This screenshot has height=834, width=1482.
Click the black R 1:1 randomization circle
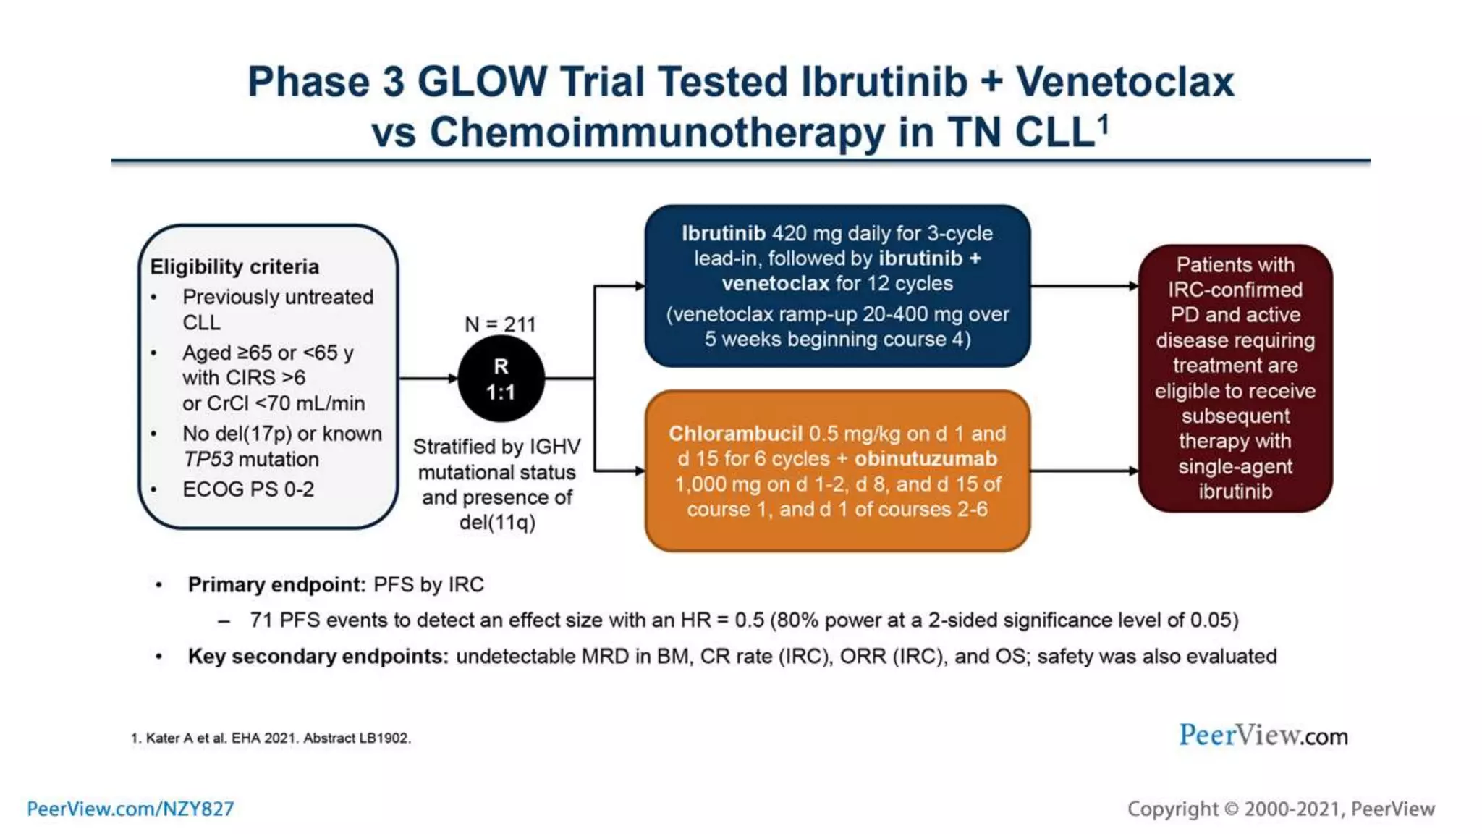[501, 379]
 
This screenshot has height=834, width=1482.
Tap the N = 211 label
[500, 324]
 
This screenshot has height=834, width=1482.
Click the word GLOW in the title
[482, 81]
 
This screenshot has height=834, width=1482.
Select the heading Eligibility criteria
[234, 266]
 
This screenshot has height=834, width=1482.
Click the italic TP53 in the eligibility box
[208, 459]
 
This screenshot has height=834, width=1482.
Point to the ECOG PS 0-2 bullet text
[247, 489]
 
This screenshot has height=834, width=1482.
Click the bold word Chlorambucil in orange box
[734, 434]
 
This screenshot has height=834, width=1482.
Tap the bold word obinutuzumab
[926, 458]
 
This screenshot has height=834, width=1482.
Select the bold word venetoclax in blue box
[775, 283]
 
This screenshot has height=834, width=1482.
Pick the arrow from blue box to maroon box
[1084, 286]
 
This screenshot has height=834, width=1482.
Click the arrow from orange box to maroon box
[1084, 471]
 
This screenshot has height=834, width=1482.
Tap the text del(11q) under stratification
[497, 522]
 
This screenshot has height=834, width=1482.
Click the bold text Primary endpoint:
[276, 584]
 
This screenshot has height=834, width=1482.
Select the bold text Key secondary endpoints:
[318, 656]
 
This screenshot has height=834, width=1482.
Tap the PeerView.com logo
[1263, 735]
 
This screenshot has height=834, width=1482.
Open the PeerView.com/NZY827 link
[130, 809]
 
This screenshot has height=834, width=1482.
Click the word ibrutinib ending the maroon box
[1235, 492]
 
